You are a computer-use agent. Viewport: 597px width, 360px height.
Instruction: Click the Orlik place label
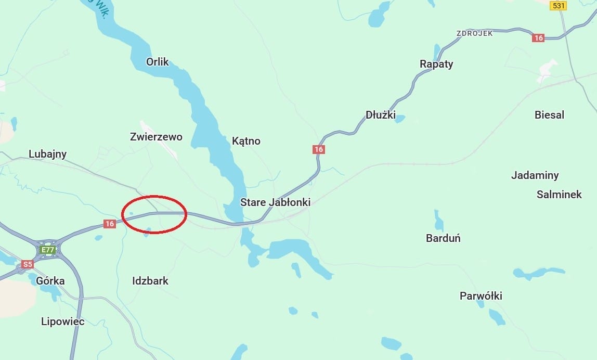[158, 62]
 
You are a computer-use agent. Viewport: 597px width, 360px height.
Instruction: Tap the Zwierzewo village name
[156, 137]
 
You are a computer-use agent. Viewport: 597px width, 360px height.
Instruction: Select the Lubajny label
[47, 154]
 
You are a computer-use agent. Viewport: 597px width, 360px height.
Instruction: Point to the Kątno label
[246, 141]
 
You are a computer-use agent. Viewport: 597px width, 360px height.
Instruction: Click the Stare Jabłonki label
[275, 202]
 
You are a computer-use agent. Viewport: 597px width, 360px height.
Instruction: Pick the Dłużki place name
[381, 115]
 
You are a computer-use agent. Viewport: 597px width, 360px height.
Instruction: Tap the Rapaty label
[436, 64]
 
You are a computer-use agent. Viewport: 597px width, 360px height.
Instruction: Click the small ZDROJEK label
[474, 33]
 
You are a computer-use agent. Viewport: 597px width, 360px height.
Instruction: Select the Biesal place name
[549, 115]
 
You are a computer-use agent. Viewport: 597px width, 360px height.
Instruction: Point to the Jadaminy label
[535, 175]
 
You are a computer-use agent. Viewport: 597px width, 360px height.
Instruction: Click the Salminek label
[559, 195]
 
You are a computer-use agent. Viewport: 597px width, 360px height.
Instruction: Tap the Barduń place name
[443, 238]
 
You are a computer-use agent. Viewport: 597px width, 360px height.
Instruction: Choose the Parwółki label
[481, 296]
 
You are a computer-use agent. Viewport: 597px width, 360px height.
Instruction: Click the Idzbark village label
[150, 281]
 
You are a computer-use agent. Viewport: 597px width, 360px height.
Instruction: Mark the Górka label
[50, 281]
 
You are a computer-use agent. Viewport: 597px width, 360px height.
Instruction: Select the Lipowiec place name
[62, 322]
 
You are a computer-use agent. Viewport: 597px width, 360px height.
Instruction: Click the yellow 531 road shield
[558, 5]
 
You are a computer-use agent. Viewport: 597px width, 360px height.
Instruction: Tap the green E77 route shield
[48, 250]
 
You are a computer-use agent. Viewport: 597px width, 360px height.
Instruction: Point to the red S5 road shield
[28, 264]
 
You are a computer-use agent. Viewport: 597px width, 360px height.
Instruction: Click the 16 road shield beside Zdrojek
[538, 38]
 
